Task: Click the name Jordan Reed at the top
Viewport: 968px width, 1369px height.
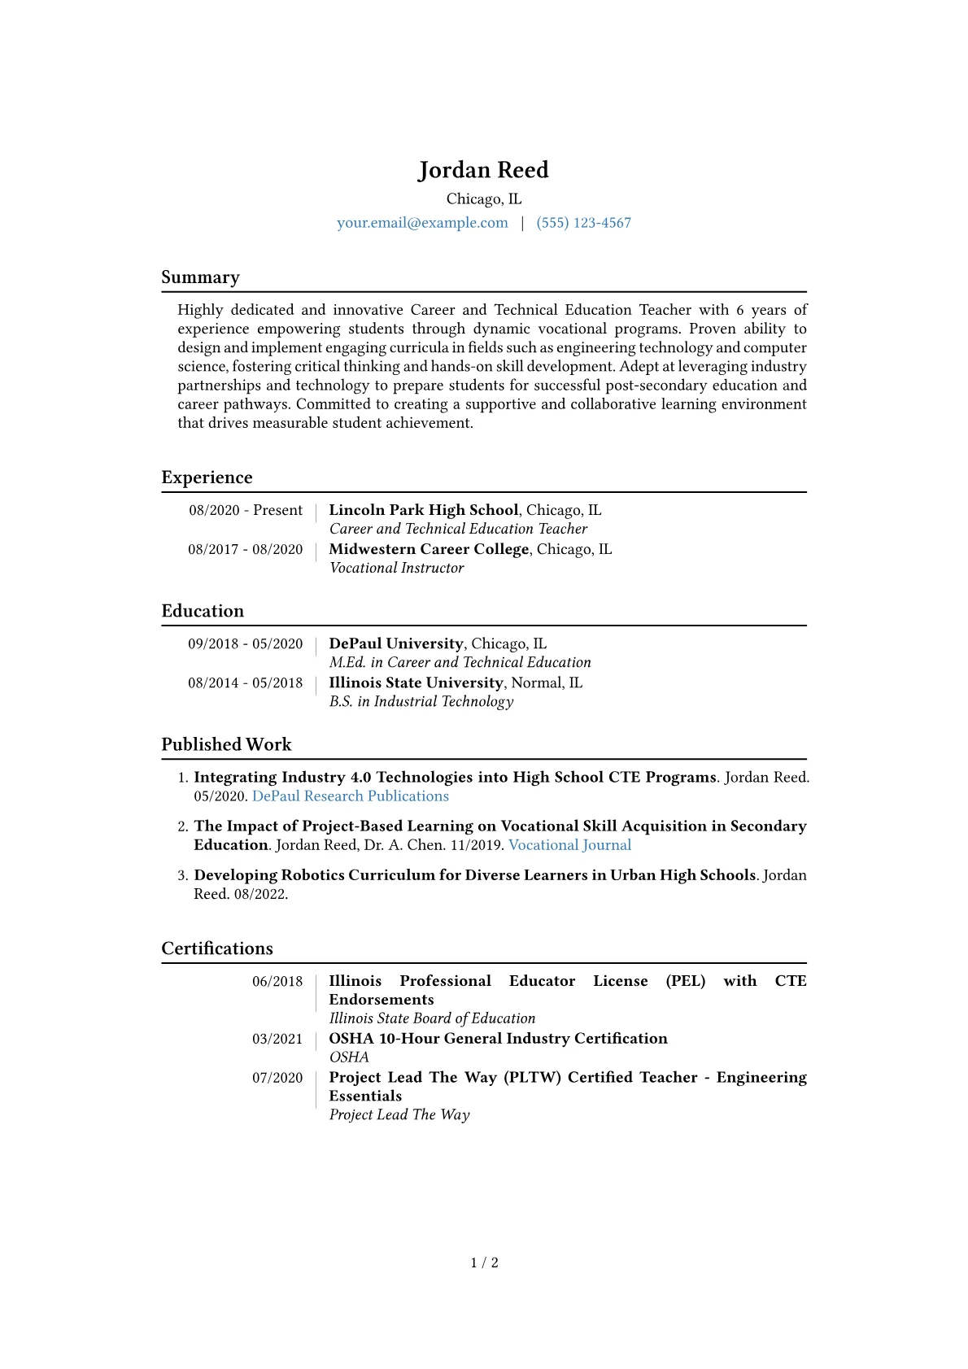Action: click(x=483, y=170)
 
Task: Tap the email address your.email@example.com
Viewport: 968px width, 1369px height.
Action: click(x=422, y=223)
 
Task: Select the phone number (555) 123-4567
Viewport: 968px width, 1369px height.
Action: click(x=583, y=223)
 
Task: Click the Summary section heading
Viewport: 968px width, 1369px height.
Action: click(x=200, y=277)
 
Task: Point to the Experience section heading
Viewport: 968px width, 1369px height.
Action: click(x=207, y=477)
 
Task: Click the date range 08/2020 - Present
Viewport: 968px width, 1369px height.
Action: click(x=246, y=510)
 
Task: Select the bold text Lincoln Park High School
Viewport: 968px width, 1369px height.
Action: click(x=423, y=510)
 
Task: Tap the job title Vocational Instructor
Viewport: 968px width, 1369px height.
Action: click(x=396, y=568)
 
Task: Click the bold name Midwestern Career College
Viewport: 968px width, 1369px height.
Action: click(x=429, y=549)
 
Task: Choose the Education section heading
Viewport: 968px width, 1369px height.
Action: click(x=203, y=611)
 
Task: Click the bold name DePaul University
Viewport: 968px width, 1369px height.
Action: click(x=396, y=643)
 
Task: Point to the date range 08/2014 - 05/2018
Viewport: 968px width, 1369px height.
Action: click(x=245, y=682)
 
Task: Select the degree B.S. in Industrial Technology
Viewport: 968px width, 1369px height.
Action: click(x=421, y=701)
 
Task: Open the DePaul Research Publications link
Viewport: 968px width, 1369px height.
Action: click(x=351, y=796)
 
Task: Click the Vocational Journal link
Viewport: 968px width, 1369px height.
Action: click(x=569, y=845)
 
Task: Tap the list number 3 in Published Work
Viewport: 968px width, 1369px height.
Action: click(x=182, y=875)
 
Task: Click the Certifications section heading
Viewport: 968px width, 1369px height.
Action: click(x=217, y=948)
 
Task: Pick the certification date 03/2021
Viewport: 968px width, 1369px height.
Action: click(x=277, y=1039)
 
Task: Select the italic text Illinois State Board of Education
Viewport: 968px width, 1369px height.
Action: click(x=432, y=1018)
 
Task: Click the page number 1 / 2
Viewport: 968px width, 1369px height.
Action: click(x=484, y=1262)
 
